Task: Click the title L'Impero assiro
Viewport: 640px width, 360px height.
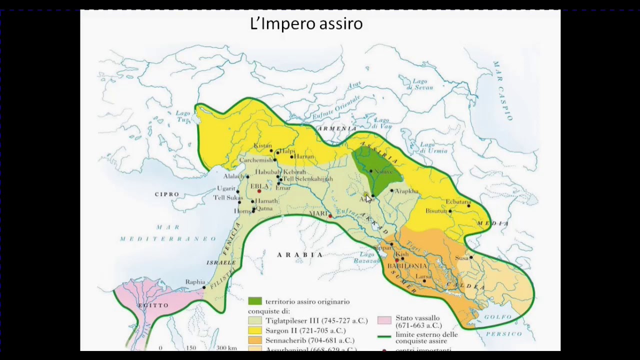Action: click(306, 23)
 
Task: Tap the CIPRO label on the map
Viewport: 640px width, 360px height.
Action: click(166, 194)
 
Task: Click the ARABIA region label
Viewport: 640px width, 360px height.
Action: click(300, 254)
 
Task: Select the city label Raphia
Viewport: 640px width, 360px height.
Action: click(195, 282)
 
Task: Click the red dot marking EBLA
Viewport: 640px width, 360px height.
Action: click(259, 191)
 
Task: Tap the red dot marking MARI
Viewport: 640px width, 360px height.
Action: click(330, 216)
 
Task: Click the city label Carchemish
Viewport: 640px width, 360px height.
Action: click(255, 160)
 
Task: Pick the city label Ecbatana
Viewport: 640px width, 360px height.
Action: click(457, 201)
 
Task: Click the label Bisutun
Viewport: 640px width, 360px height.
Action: click(436, 211)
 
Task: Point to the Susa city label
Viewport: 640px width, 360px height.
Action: click(461, 258)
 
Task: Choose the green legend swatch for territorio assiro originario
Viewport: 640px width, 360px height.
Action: click(255, 301)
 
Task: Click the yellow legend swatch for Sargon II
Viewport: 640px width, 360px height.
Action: click(255, 330)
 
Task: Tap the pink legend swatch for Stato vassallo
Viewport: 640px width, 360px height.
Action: click(384, 320)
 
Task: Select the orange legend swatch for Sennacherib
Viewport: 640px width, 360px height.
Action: click(255, 340)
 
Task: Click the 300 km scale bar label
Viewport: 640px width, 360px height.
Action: click(226, 348)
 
